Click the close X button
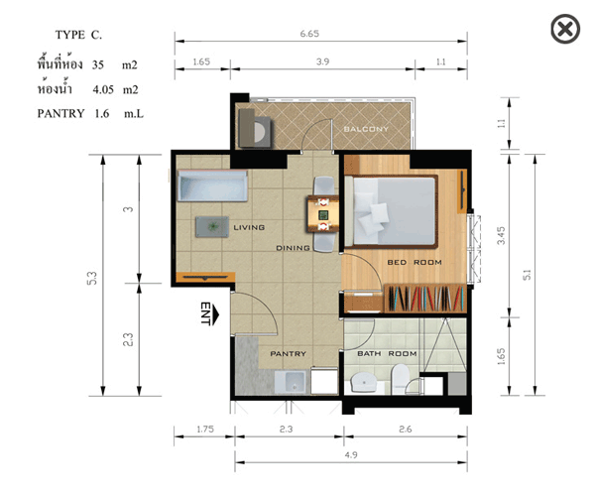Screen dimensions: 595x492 coord(565,29)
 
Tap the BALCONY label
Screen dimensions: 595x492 coord(366,129)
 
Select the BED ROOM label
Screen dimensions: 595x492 coord(415,262)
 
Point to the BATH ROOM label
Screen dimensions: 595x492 coord(387,354)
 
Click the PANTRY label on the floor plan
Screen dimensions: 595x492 coord(288,354)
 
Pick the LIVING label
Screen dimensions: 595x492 coord(249,227)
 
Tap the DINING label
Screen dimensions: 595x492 coord(293,248)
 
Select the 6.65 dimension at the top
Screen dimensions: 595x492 coord(309,34)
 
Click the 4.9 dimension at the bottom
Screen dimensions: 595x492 coord(351,454)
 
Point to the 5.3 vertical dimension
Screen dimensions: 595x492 coord(92,279)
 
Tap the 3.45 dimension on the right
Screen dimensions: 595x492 coord(501,235)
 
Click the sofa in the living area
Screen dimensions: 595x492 coord(212,185)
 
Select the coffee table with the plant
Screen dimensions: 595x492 coord(212,226)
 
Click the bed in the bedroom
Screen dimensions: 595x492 coord(392,211)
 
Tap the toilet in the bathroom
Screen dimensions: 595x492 coord(400,379)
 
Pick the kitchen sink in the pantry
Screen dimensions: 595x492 coord(290,382)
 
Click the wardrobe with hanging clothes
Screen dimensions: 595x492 coord(425,299)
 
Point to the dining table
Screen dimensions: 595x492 coord(323,214)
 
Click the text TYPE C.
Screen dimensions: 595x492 coord(78,35)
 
